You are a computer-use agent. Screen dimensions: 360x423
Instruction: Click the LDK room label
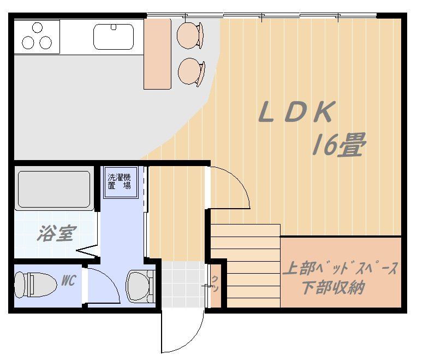295,113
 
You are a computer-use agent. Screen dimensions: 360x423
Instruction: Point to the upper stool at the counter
190,34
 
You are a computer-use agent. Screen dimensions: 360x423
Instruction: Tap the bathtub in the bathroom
54,189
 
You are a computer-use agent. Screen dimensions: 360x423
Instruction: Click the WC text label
68,281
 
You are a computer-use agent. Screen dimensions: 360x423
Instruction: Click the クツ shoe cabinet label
215,283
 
